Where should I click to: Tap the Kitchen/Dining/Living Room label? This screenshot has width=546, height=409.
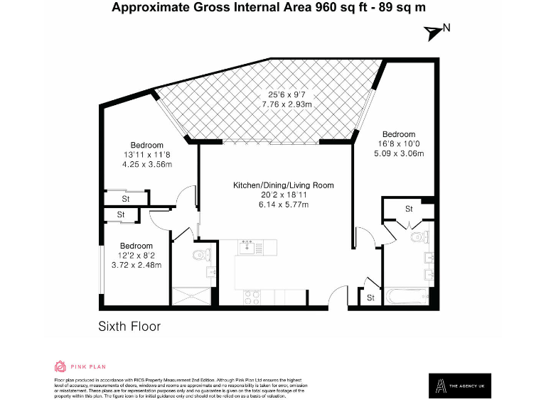(283, 185)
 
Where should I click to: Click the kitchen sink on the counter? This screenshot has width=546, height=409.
(247, 246)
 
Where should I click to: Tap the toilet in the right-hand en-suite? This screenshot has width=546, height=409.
(418, 237)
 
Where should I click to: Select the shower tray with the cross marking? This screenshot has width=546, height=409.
(193, 298)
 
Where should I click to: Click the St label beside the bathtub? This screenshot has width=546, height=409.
(370, 298)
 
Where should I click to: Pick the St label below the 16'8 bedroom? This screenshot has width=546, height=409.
(409, 209)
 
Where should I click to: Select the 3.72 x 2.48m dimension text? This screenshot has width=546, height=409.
(136, 265)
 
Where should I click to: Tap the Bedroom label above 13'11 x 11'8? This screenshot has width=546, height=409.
(146, 146)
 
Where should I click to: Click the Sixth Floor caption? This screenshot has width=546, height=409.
(129, 327)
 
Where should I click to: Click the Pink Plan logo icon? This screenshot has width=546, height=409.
(60, 366)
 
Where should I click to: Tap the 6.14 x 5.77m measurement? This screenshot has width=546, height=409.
(283, 204)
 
